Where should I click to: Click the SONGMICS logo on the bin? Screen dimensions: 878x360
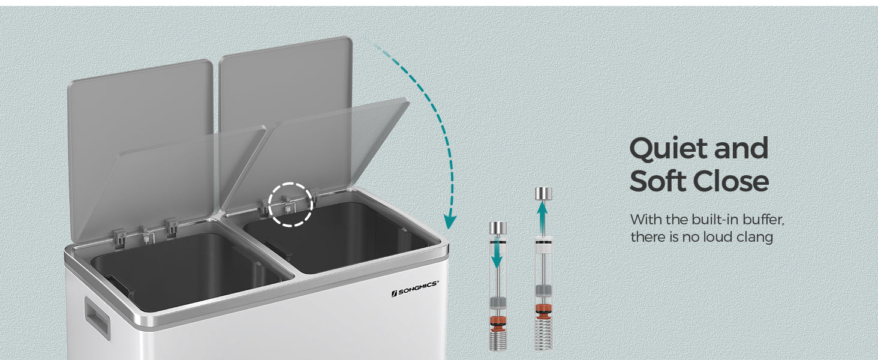(415, 288)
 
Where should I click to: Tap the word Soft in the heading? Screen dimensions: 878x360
(658, 181)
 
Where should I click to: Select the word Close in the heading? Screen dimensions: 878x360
(731, 181)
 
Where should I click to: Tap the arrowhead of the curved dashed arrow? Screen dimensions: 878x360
(450, 222)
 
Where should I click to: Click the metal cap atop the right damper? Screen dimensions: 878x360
(544, 193)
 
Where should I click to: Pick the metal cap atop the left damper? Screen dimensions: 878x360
(498, 228)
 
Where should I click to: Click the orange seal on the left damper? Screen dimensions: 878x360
(498, 322)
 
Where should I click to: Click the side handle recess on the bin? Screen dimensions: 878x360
(97, 317)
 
